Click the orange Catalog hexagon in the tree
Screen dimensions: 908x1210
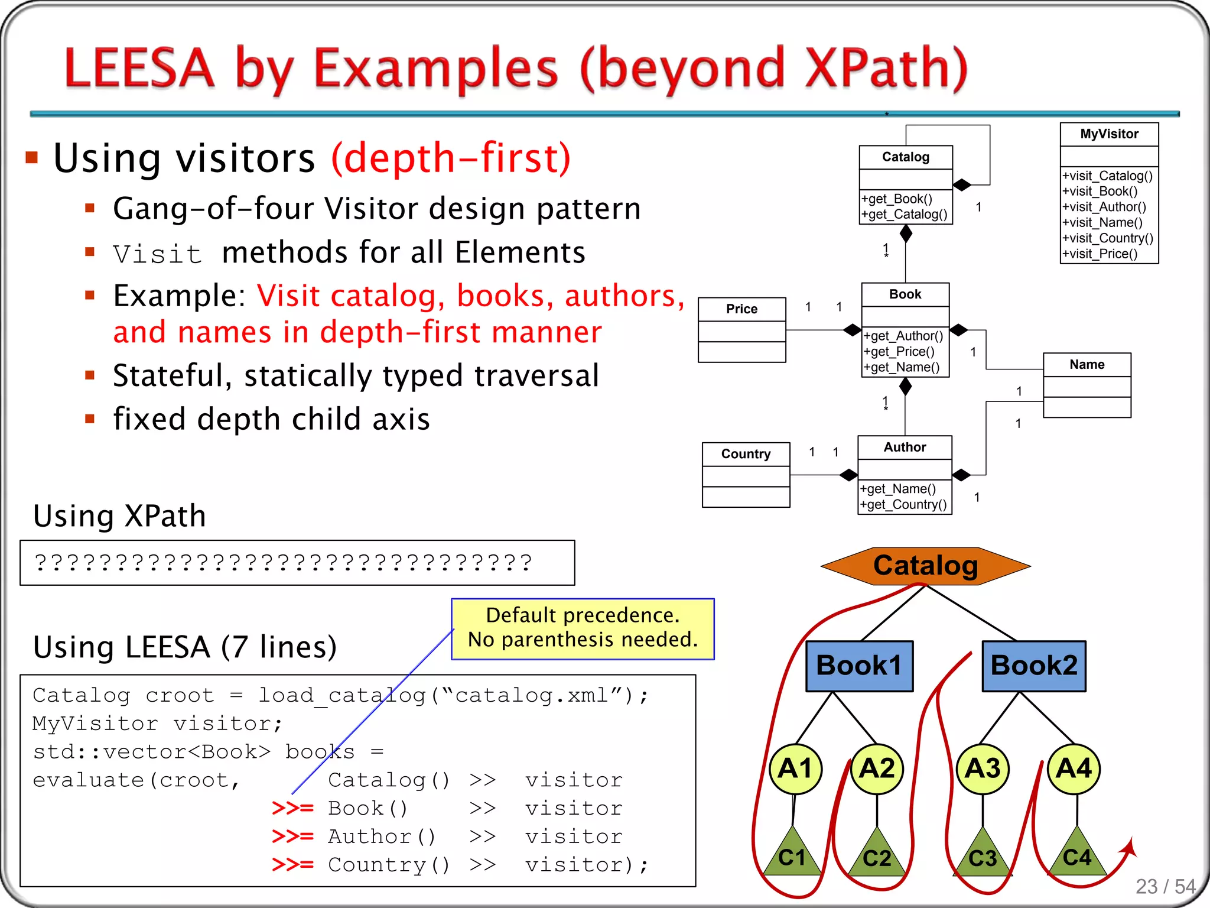tap(925, 566)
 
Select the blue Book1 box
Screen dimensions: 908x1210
tap(859, 666)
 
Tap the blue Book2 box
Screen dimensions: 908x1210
tap(1033, 666)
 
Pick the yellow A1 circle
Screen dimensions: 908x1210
tap(795, 768)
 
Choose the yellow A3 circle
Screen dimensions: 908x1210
tap(982, 768)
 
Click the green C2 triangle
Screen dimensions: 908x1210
tap(877, 856)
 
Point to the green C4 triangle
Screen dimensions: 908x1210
tap(1077, 856)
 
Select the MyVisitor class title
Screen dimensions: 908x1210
tap(1109, 134)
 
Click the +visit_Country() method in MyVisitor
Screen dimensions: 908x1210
tap(1107, 238)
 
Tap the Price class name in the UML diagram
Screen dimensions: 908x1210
tap(741, 309)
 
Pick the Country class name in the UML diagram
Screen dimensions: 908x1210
tap(746, 454)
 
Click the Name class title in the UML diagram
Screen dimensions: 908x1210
tap(1087, 365)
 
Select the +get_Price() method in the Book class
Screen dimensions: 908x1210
tap(899, 352)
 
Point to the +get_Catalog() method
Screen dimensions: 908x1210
tap(904, 215)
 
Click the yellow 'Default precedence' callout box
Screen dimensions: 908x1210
tap(583, 628)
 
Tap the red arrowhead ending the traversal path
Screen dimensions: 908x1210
tap(1128, 848)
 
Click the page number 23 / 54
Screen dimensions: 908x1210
tap(1165, 886)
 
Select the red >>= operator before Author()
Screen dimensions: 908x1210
tap(292, 836)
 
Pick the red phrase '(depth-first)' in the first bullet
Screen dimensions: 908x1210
tap(451, 158)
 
